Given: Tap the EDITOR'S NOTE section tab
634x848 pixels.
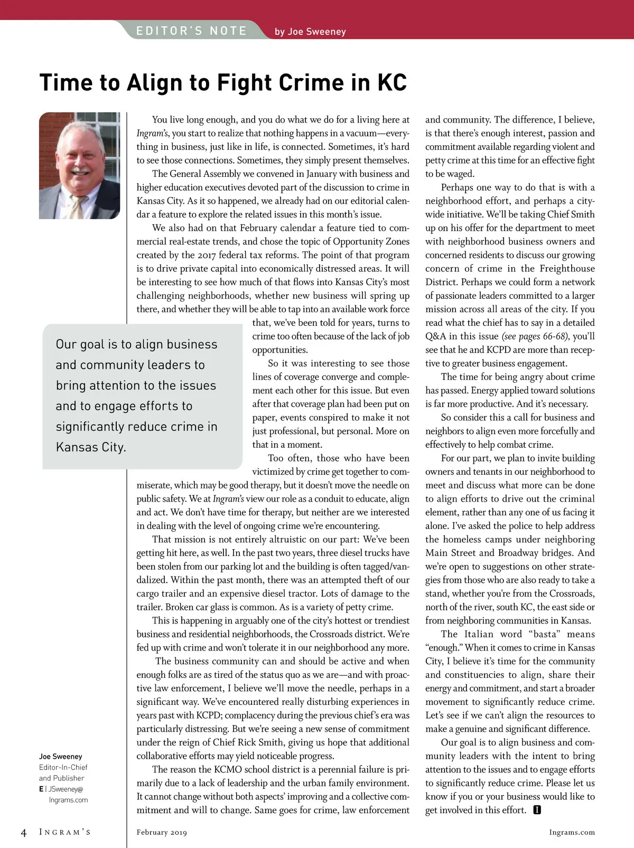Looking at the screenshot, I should click(x=191, y=31).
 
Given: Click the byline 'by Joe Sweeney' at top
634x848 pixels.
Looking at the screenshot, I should click(x=310, y=32).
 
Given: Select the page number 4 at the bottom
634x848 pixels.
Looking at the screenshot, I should click(x=24, y=833).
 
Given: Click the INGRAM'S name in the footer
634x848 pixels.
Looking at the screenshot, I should click(x=65, y=833).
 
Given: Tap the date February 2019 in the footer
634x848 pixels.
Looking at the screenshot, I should click(x=162, y=833).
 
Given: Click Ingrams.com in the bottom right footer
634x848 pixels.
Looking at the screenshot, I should click(x=572, y=833).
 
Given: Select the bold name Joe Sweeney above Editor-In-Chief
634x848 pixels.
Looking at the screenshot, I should click(x=61, y=756).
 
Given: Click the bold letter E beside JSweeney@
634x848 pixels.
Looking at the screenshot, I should click(x=41, y=789).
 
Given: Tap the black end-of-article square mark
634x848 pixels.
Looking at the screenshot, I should click(x=537, y=810).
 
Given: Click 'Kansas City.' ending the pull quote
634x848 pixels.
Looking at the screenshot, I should click(x=91, y=447).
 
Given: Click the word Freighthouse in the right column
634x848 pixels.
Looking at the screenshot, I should click(x=566, y=268).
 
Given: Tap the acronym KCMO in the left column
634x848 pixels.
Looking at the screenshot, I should click(x=228, y=769).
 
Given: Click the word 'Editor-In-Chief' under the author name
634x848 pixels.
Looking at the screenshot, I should click(x=63, y=767).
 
